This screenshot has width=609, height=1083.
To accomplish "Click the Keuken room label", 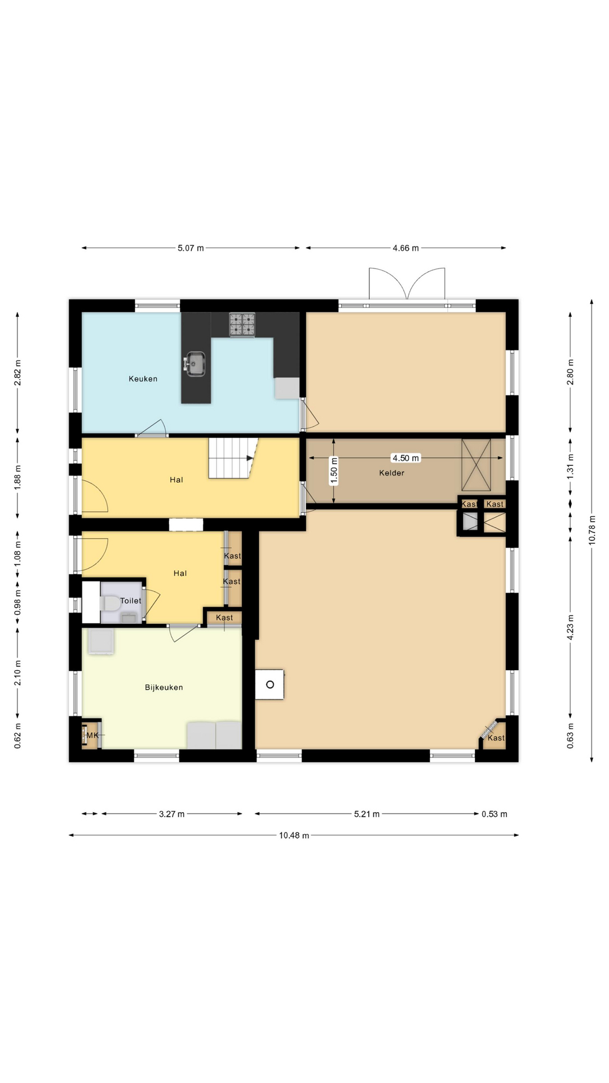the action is [143, 378].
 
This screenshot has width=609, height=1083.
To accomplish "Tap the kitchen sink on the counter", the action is [195, 363].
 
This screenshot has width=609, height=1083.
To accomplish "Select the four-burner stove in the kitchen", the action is [242, 325].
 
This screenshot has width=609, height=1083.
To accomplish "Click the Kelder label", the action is [391, 473].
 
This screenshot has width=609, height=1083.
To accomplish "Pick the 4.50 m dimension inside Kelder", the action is [405, 458].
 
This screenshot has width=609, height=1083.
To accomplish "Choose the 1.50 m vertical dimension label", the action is [334, 472].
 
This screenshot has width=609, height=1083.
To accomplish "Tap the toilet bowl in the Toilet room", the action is [110, 603].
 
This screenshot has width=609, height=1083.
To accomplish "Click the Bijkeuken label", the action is [164, 687].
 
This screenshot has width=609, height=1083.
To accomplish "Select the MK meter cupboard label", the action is [92, 735].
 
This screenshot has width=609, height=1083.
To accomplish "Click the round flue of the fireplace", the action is [270, 684].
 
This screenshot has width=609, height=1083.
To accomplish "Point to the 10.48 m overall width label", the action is [294, 835].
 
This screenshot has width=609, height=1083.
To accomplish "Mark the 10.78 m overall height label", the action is [592, 530].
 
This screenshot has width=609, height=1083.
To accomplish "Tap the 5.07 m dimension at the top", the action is [191, 248].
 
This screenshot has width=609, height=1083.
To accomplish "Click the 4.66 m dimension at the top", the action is [405, 248].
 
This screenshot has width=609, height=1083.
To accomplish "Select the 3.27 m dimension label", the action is [171, 814].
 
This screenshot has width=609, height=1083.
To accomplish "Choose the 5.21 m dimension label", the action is [367, 814].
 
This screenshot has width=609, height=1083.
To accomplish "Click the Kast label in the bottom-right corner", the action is [496, 738].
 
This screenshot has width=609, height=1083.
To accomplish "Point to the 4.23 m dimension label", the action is [571, 627].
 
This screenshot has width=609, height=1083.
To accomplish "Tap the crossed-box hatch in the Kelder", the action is [476, 465].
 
